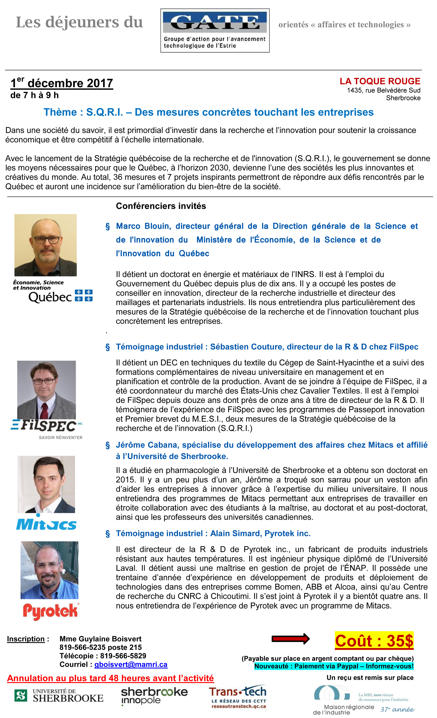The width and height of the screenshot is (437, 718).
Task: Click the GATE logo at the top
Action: [215, 30]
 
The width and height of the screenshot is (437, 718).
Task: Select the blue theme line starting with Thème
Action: [208, 112]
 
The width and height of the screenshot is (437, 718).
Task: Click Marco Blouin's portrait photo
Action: [46, 245]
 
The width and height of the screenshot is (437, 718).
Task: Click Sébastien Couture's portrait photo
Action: [46, 390]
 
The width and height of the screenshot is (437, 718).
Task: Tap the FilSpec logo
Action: [47, 428]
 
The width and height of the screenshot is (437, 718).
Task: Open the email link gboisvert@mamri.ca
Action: [131, 665]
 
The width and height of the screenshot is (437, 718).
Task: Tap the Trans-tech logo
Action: [237, 697]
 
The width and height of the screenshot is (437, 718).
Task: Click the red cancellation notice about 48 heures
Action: [110, 678]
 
